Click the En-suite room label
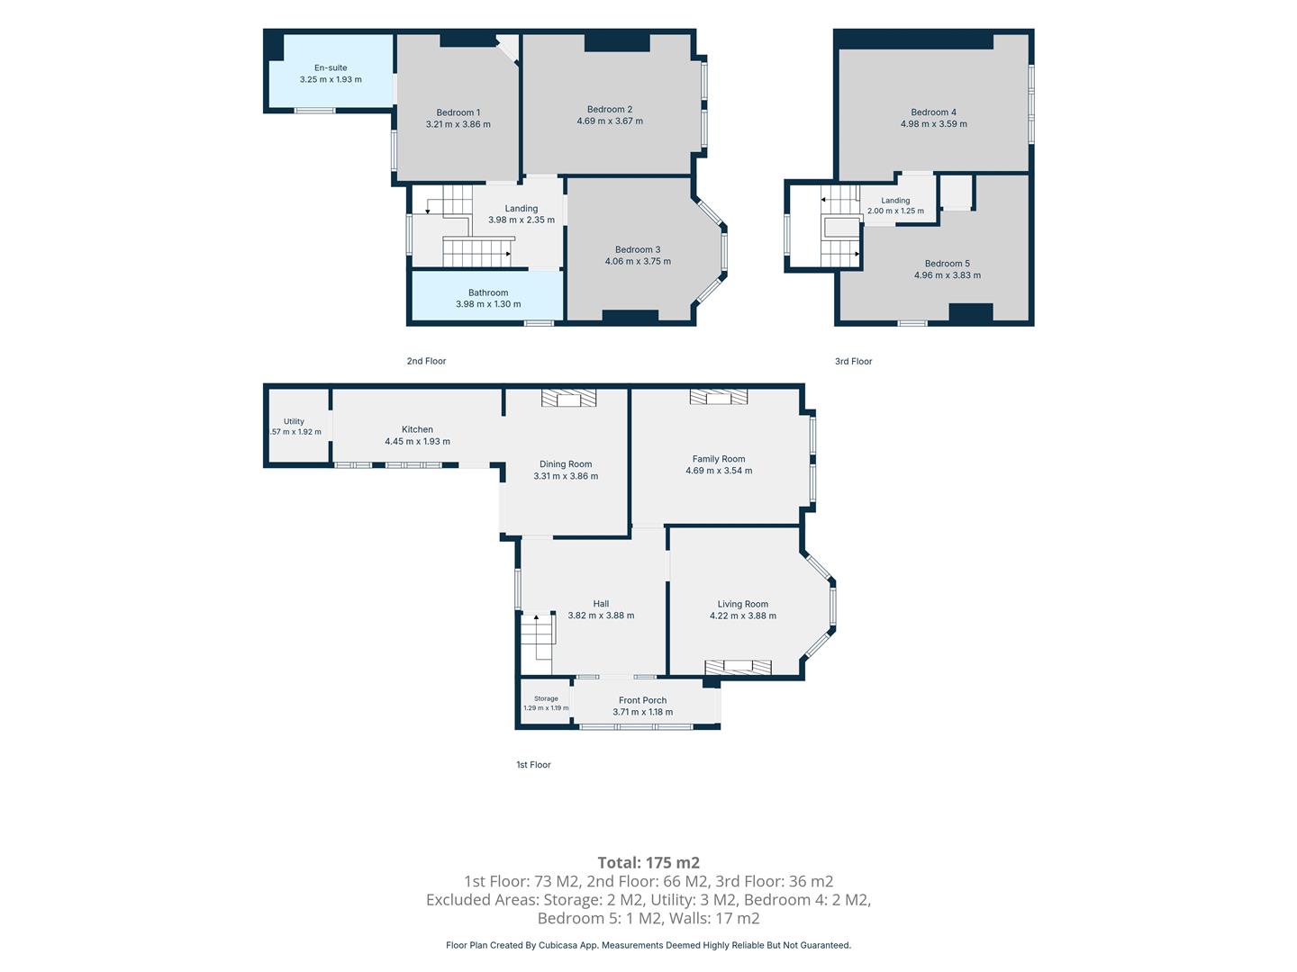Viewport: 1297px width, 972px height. coord(331,67)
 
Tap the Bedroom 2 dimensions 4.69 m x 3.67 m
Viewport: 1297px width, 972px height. coord(610,121)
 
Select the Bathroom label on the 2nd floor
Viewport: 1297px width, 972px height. coord(488,292)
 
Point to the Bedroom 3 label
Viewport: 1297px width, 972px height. coord(638,249)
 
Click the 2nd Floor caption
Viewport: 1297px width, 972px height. coord(426,361)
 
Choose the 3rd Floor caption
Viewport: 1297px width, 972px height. coord(853,361)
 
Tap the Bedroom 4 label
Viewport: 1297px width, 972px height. coord(934,112)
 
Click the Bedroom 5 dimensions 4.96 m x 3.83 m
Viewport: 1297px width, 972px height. coord(948,275)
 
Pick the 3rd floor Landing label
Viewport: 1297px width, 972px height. coord(895,201)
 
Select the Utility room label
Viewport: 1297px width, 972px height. coord(294,421)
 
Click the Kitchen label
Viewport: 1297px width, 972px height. coord(417,429)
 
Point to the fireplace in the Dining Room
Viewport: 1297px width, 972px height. coord(569,399)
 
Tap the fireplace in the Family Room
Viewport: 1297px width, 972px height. coord(719,397)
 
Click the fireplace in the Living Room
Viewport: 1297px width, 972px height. coord(738,667)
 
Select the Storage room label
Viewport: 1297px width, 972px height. coord(546,698)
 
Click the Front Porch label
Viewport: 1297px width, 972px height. coord(642,700)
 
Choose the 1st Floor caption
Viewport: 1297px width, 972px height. coord(533,765)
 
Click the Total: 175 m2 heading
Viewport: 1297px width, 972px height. coord(648,863)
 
